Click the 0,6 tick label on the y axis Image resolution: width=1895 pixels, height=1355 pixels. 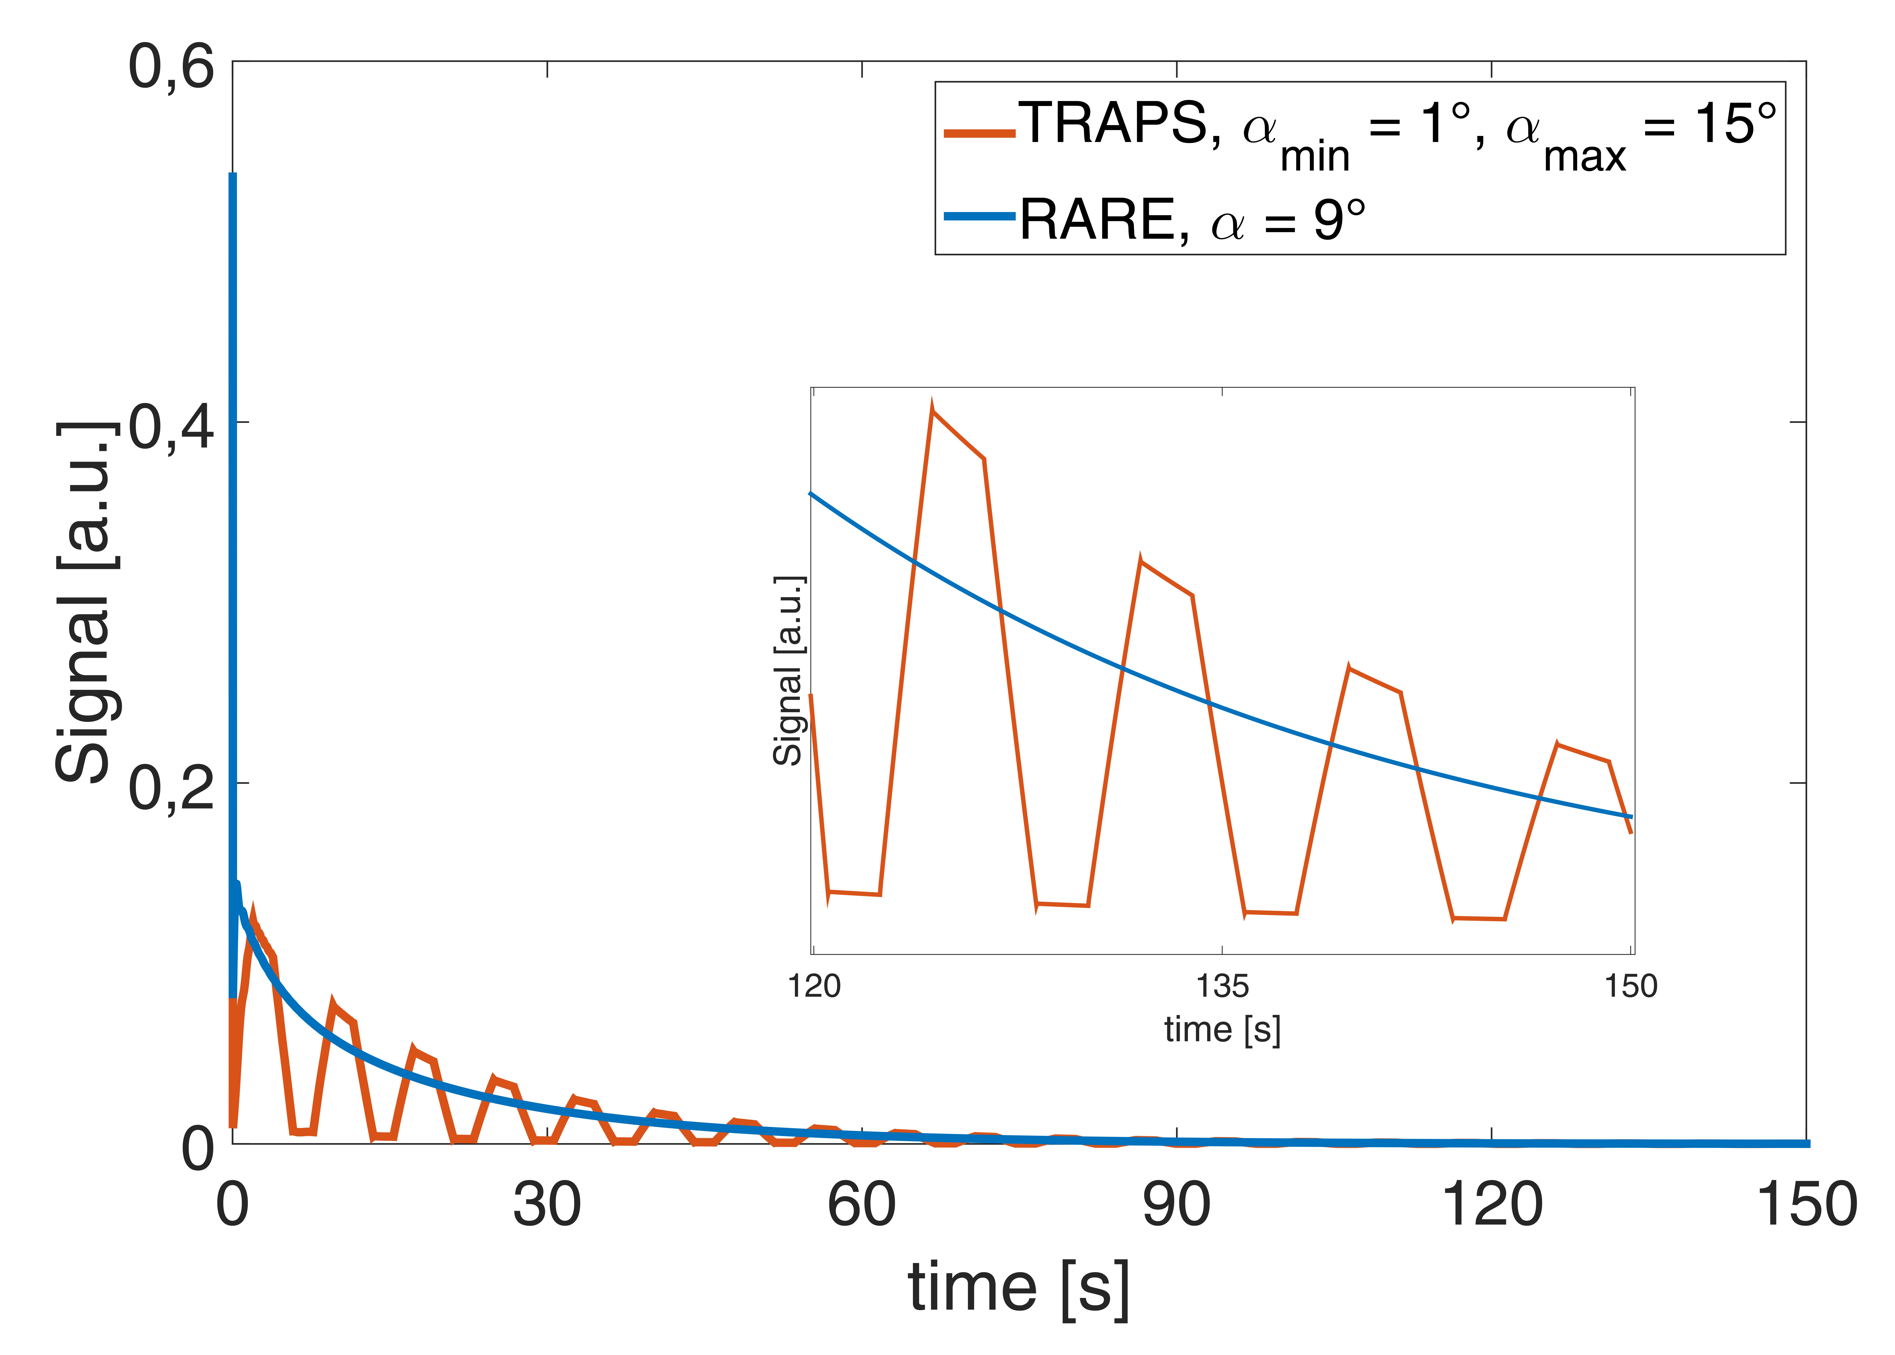click(171, 67)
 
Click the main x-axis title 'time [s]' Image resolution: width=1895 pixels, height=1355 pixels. click(1019, 1287)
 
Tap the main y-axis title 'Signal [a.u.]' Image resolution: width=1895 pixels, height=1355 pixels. click(85, 602)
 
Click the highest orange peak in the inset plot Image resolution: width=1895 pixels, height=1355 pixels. click(932, 409)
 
